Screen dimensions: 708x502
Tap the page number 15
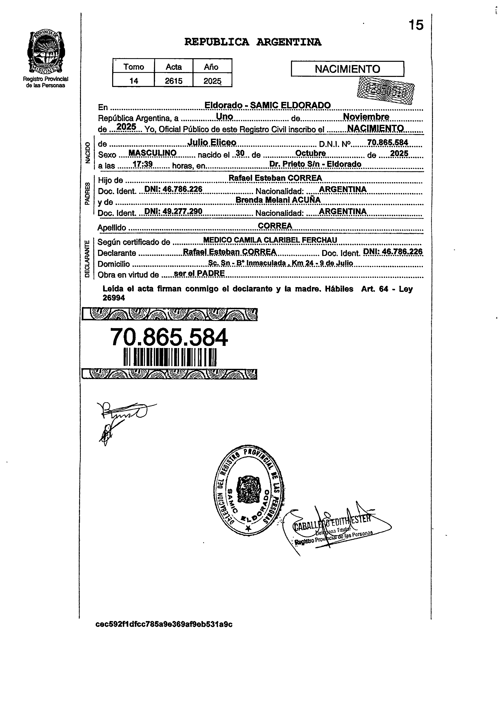pos(416,25)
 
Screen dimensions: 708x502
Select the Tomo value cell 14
pos(134,81)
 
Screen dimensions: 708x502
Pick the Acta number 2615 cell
pos(173,81)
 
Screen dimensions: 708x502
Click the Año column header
pos(211,67)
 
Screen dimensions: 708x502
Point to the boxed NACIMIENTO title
pos(347,69)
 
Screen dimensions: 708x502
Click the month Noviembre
pos(366,117)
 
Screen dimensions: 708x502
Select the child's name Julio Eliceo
pos(212,143)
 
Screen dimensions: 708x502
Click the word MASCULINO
pos(152,153)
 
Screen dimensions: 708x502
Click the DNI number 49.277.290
pos(173,211)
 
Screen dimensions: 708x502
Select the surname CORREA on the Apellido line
pos(275,226)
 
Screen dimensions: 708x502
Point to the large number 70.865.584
pos(169,337)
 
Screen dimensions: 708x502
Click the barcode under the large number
pos(170,357)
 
